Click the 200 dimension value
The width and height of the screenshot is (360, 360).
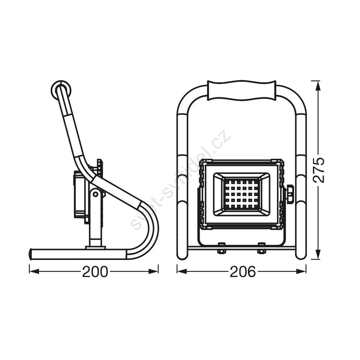(x=95, y=272)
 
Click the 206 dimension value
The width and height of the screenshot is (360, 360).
(x=243, y=272)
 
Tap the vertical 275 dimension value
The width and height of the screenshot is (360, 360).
(x=319, y=170)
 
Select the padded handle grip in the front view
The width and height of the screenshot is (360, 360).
(x=241, y=90)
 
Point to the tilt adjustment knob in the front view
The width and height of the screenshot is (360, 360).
(x=290, y=194)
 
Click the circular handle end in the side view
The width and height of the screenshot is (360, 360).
(x=61, y=91)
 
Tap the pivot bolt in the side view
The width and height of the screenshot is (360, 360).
(x=95, y=194)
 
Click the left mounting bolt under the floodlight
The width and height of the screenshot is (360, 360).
(x=222, y=248)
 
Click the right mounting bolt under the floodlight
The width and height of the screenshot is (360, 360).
(x=261, y=248)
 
